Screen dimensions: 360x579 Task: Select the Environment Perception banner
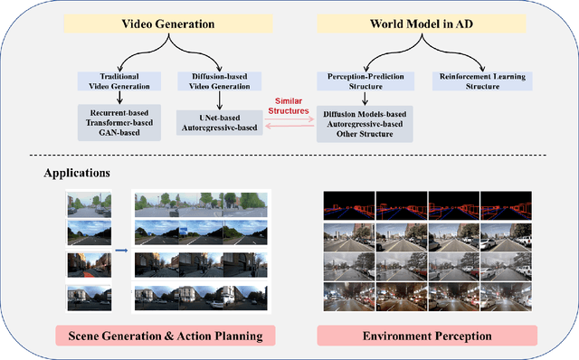tap(427, 336)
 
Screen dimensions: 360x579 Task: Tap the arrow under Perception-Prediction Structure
tap(363, 99)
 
